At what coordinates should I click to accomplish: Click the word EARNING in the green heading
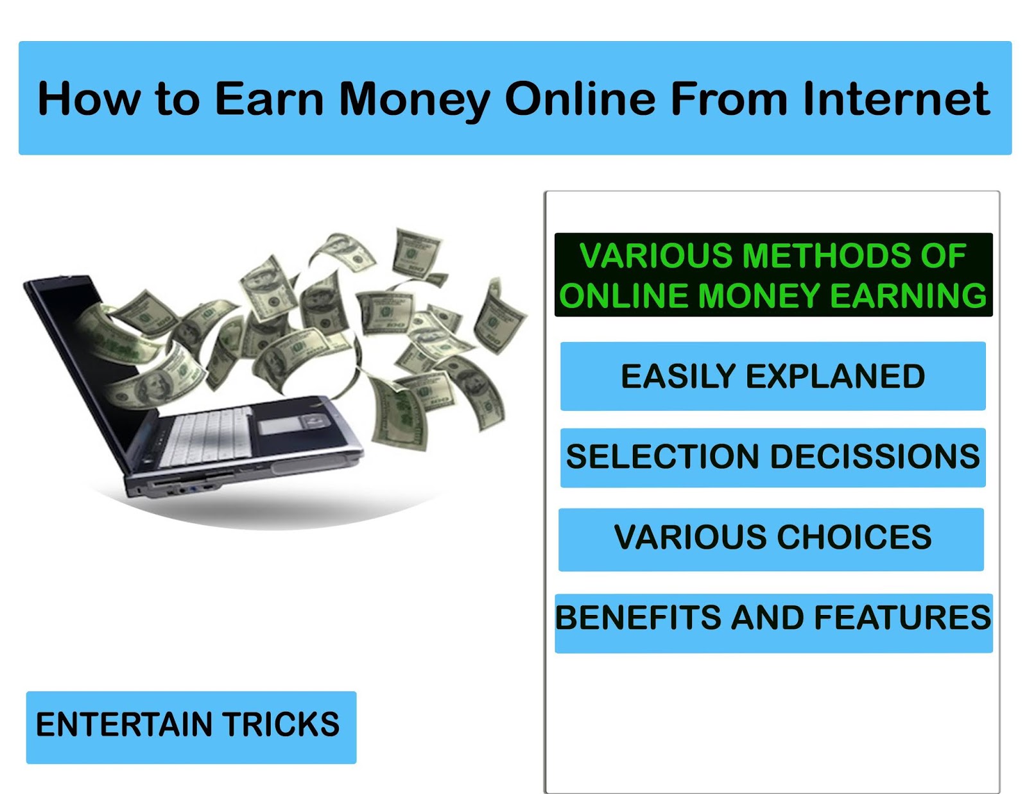[908, 296]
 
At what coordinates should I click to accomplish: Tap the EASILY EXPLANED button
[773, 376]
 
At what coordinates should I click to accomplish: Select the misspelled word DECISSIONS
[875, 456]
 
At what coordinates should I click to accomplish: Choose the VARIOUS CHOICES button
[772, 540]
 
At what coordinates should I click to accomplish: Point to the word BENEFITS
[639, 617]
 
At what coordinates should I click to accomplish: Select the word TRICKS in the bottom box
[281, 725]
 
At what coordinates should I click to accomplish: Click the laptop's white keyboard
[205, 436]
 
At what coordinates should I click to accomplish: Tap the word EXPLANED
[835, 377]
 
